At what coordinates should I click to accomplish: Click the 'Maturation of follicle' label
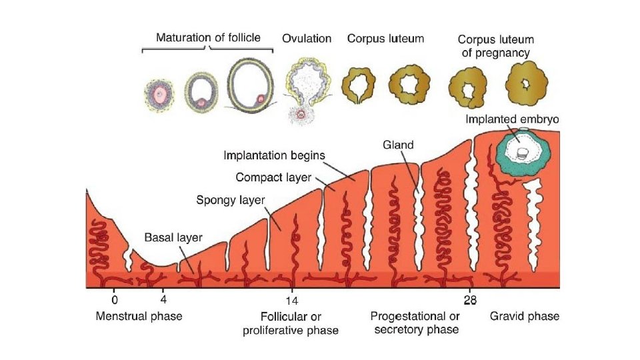(208, 37)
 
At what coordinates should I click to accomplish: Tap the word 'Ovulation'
(307, 39)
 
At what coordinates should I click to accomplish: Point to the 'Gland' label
(399, 145)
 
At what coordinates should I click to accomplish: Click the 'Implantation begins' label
(274, 155)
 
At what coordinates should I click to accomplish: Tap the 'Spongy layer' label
(230, 200)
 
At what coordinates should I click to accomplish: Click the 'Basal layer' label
(173, 237)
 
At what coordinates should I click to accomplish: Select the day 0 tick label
(114, 299)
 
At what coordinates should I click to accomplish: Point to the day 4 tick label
(163, 299)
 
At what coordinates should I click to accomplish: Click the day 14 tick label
(291, 299)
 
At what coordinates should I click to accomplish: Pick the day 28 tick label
(470, 299)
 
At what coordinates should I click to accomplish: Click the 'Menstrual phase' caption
(139, 316)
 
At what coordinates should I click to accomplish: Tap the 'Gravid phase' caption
(525, 316)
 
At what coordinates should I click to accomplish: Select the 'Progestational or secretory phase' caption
(415, 323)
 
